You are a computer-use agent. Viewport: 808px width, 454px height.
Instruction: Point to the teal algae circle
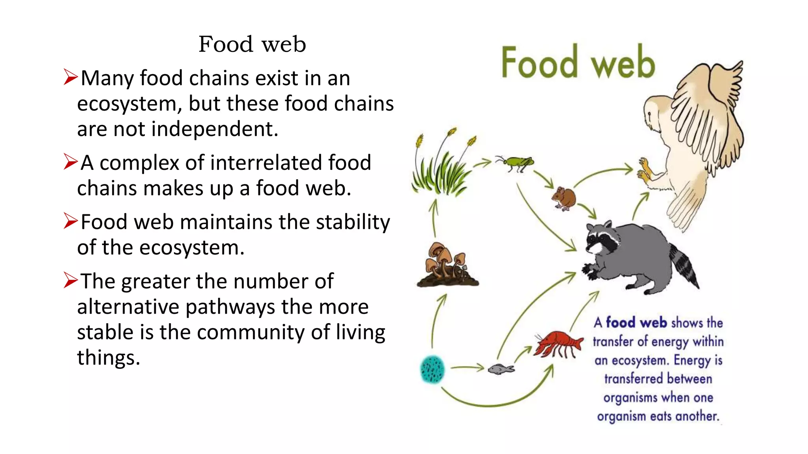(432, 369)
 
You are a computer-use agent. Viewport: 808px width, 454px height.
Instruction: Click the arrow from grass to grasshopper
(482, 162)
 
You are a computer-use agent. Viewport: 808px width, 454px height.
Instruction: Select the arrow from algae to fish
(467, 368)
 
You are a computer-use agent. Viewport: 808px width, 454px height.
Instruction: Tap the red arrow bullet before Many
(70, 77)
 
